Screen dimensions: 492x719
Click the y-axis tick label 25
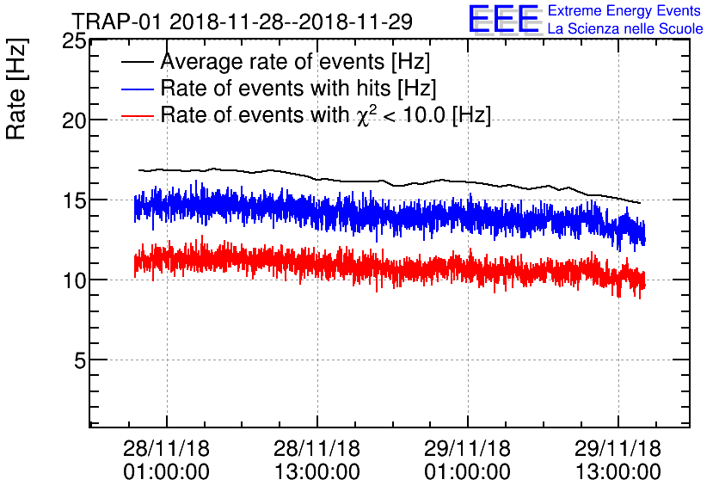click(71, 40)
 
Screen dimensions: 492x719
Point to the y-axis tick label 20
click(71, 120)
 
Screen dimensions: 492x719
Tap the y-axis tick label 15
click(71, 200)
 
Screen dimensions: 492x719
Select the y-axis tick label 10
click(71, 280)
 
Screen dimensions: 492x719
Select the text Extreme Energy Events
click(624, 11)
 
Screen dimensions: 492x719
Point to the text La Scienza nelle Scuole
click(625, 29)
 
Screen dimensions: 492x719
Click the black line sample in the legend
click(138, 63)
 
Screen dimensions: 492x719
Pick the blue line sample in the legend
click(138, 89)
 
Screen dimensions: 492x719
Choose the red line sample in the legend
click(138, 115)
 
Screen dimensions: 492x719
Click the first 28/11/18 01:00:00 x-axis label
click(166, 460)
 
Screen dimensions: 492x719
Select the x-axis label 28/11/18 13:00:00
click(316, 460)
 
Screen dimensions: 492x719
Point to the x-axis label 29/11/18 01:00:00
click(468, 460)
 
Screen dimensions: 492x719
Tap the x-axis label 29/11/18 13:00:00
click(618, 460)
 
